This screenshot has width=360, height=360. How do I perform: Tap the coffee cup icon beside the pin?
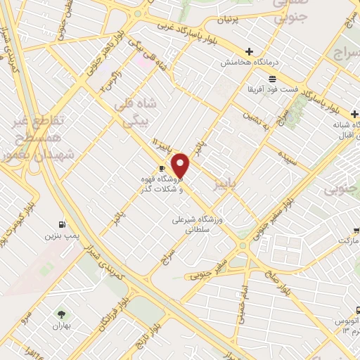tap(162, 169)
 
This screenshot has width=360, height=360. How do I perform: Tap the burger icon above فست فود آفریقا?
tap(273, 78)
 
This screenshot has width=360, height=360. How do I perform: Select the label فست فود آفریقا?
tap(271, 89)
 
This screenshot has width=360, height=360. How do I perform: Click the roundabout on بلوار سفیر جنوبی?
tap(245, 245)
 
